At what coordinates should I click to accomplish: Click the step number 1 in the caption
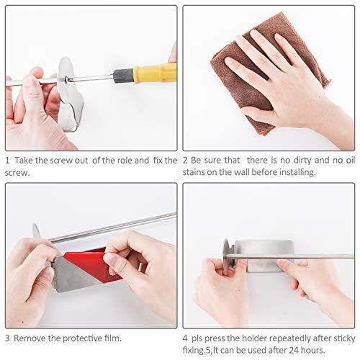point(7,160)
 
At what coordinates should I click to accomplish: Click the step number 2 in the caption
point(186,160)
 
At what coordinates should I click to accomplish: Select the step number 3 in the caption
point(7,338)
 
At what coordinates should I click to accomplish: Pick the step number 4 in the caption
point(186,338)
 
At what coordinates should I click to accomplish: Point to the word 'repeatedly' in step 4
point(282,338)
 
